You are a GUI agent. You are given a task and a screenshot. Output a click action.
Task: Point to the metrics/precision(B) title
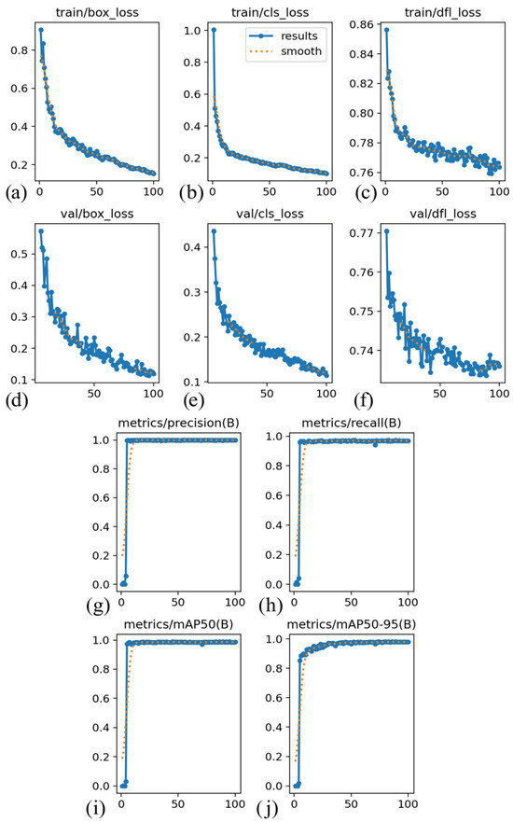pos(177,423)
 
